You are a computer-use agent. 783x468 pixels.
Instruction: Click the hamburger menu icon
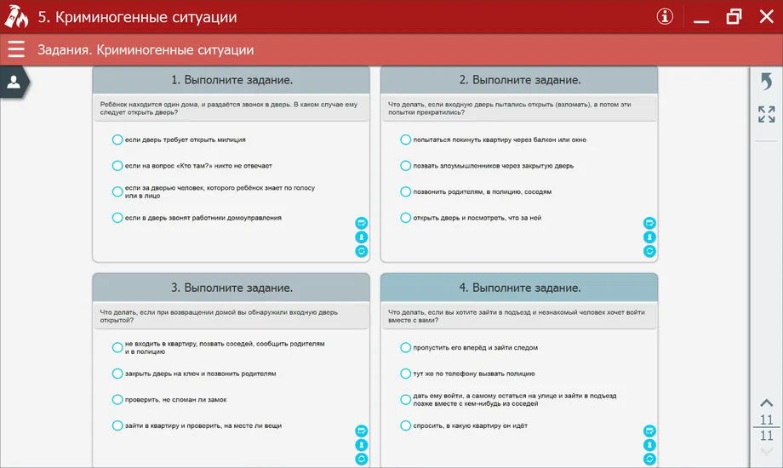click(16, 49)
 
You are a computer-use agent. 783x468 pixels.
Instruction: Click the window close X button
click(766, 17)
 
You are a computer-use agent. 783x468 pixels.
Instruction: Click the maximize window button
click(734, 17)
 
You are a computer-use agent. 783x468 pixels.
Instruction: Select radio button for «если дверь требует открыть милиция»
click(117, 140)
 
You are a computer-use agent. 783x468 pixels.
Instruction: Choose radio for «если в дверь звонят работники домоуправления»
click(117, 218)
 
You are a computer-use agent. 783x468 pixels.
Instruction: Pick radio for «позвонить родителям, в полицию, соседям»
click(405, 191)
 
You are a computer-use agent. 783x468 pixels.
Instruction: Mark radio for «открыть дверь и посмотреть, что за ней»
click(405, 218)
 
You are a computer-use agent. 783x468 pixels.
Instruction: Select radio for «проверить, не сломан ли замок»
click(117, 399)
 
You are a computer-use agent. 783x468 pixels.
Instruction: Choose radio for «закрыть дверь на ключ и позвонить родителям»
click(117, 374)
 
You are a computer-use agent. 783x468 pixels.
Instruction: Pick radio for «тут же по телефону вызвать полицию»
click(405, 374)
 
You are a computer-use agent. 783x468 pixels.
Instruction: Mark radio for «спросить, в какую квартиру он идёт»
click(405, 425)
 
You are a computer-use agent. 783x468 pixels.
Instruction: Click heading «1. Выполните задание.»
click(231, 80)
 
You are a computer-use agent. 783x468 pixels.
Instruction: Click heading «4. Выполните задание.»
click(519, 288)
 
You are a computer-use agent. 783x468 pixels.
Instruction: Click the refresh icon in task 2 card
click(649, 251)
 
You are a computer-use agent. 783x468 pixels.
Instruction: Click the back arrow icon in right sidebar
click(766, 82)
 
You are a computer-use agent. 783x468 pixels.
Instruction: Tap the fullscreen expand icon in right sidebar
click(766, 114)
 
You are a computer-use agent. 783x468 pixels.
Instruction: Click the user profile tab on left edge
click(14, 82)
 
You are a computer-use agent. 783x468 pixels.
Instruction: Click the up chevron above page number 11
click(766, 403)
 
